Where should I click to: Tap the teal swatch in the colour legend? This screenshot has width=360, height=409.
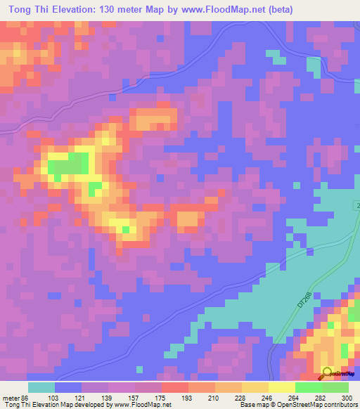click(41, 387)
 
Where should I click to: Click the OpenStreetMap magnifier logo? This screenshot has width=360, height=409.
click(328, 375)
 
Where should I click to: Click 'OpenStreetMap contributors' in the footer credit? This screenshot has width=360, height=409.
click(317, 405)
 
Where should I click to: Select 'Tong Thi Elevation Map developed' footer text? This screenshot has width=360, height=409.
click(56, 405)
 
